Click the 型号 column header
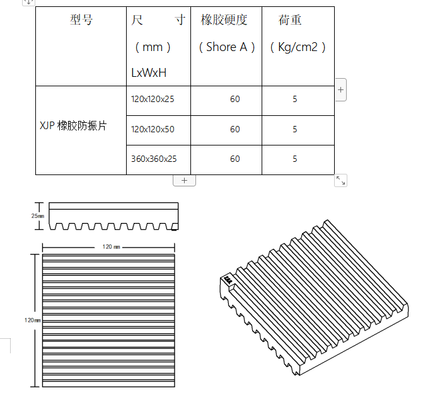81,20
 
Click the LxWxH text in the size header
149,72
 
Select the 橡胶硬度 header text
224,20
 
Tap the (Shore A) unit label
226,47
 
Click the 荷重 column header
290,20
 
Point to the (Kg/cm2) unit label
298,47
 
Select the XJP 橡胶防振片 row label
73,126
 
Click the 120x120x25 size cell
153,100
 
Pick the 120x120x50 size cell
153,129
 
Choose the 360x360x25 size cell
154,159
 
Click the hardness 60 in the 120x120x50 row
235,129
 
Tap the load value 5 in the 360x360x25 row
295,159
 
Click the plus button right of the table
340,90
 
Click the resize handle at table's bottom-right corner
340,181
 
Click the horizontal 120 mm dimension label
111,247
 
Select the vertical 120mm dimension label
33,320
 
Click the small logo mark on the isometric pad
227,278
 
